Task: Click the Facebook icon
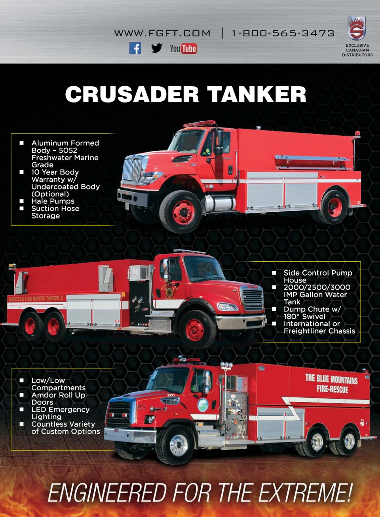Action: [135, 48]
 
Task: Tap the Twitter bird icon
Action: [157, 48]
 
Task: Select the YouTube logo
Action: [183, 48]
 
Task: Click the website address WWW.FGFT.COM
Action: [162, 33]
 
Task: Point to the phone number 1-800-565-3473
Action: [283, 33]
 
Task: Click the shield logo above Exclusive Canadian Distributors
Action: [357, 28]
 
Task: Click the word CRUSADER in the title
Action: [132, 94]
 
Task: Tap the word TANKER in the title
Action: [256, 94]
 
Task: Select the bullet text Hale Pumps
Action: [53, 201]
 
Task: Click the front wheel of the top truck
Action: [180, 212]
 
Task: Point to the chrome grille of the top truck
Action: [133, 170]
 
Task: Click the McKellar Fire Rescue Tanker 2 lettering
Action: [36, 298]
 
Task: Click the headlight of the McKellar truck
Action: [228, 307]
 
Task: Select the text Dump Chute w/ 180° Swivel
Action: [312, 313]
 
